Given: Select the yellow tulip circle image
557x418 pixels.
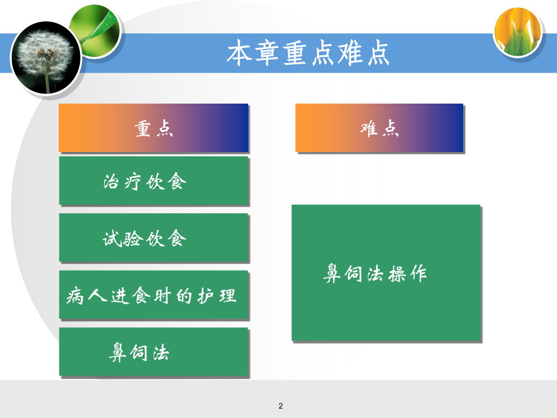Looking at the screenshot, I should tap(517, 33).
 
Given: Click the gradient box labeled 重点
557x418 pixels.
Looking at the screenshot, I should tap(154, 128).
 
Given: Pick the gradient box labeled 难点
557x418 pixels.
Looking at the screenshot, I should tap(379, 128).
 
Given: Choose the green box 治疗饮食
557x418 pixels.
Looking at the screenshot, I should tap(154, 181).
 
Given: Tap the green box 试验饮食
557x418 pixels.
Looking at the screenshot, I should tap(154, 238).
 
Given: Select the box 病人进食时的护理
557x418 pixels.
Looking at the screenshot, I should tap(154, 296).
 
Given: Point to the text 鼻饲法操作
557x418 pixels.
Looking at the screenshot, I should tap(375, 273).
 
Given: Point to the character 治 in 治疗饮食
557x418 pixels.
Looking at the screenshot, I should tap(113, 181).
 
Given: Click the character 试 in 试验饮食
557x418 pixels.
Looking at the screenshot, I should tap(113, 239).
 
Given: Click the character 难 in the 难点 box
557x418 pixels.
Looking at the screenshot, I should tap(369, 128).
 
